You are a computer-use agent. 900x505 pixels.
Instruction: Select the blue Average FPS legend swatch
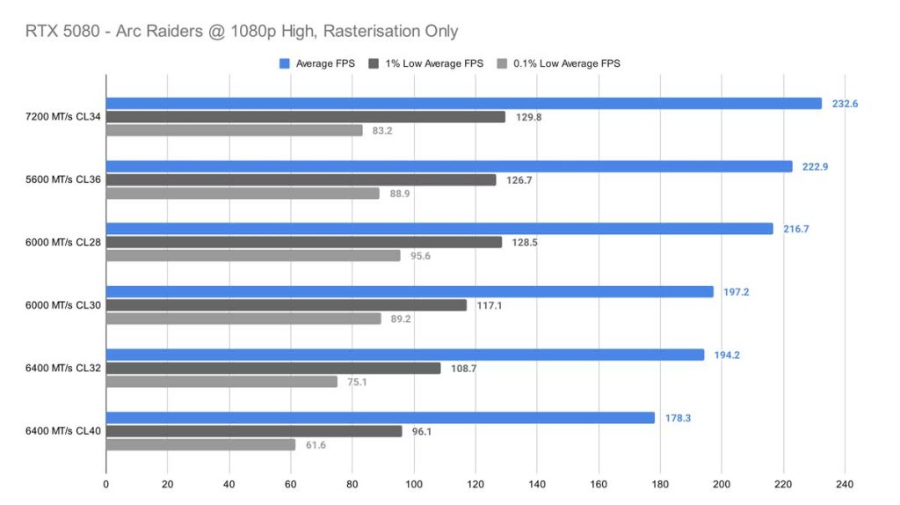(284, 63)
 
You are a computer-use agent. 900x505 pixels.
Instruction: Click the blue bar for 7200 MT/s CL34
(463, 103)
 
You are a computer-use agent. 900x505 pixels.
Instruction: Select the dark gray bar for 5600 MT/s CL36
(301, 179)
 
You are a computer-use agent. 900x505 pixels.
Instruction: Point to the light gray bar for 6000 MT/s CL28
(253, 255)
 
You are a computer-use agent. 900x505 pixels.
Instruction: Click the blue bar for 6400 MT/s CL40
(380, 418)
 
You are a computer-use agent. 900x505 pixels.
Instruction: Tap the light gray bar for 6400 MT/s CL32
(221, 382)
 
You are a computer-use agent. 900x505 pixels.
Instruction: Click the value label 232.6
(845, 104)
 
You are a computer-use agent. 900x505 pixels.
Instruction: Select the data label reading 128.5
(526, 242)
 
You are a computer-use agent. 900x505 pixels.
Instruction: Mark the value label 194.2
(727, 355)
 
